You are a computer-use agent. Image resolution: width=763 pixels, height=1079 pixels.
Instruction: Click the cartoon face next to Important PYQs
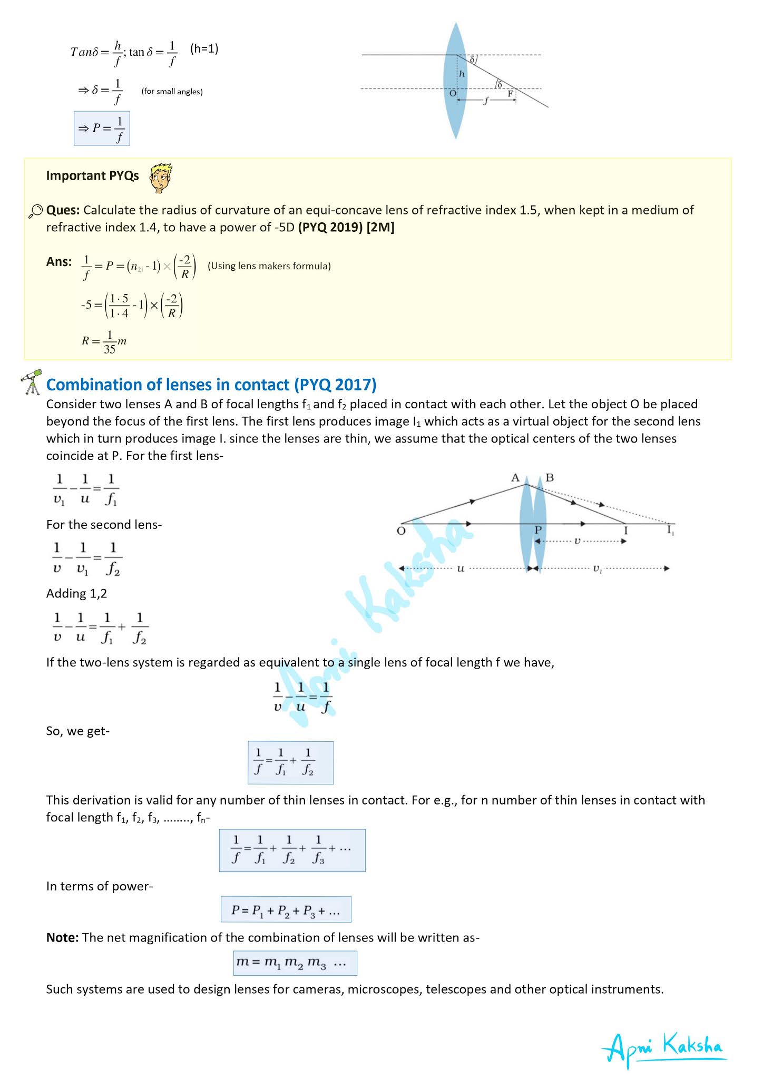161,178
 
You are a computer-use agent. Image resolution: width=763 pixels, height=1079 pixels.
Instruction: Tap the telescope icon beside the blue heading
32,382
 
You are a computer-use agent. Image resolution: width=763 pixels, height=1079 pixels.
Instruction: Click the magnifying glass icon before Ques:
35,212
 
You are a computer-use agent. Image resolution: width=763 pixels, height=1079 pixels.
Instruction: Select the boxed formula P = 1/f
102,129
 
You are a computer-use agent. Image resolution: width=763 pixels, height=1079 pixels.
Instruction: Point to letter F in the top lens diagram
510,94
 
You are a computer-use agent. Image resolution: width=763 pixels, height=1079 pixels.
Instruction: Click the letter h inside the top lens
462,74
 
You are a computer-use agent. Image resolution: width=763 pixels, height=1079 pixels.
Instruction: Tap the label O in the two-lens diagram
401,531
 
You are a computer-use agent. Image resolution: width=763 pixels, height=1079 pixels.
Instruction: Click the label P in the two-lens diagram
538,530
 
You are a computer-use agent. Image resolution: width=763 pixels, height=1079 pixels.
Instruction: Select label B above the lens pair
550,478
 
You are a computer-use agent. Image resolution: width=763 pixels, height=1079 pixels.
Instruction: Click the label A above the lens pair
515,478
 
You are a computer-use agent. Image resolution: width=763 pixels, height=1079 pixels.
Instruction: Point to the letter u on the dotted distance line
461,568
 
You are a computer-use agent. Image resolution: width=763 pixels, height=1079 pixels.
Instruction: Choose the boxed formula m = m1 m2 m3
295,963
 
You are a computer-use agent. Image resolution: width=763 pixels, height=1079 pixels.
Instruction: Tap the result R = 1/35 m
104,341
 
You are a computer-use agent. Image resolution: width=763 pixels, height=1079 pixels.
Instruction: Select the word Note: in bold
62,937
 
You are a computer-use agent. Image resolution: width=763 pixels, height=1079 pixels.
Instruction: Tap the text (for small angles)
172,92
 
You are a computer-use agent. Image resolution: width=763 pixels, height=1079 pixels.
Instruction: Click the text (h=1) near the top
204,49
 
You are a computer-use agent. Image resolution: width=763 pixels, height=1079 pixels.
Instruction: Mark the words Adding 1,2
76,594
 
